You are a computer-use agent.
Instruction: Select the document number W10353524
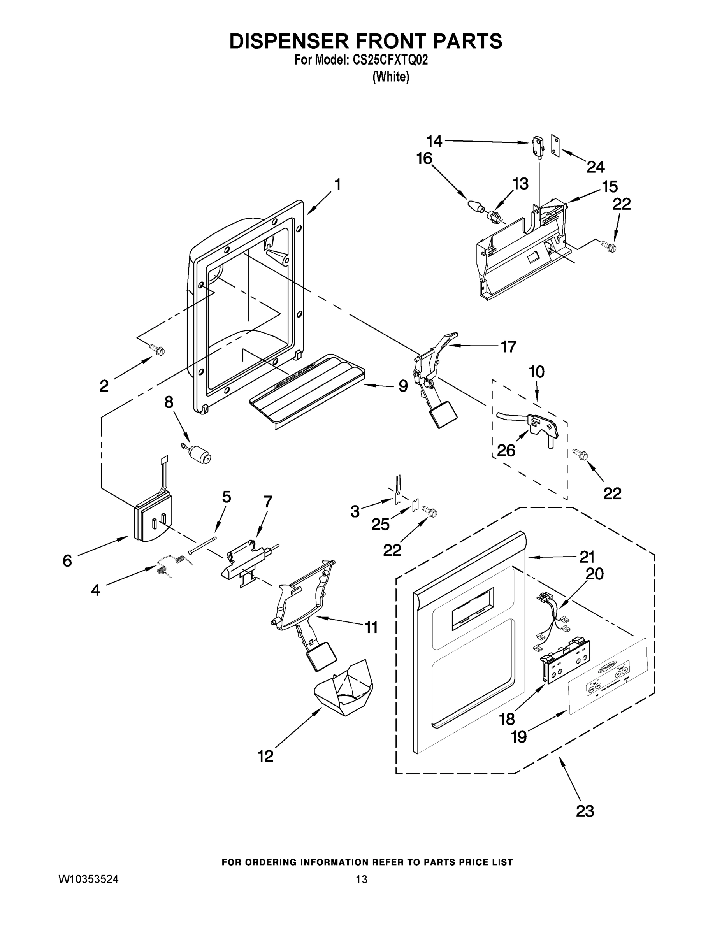[x=88, y=879]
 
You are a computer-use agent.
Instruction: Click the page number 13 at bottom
[x=362, y=879]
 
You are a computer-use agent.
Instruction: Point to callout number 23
[x=585, y=811]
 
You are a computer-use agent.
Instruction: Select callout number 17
[x=508, y=346]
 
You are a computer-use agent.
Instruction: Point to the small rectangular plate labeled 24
[x=555, y=146]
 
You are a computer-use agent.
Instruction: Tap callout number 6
[x=67, y=561]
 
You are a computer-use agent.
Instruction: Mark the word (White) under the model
[x=391, y=77]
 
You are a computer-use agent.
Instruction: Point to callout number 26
[x=506, y=450]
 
